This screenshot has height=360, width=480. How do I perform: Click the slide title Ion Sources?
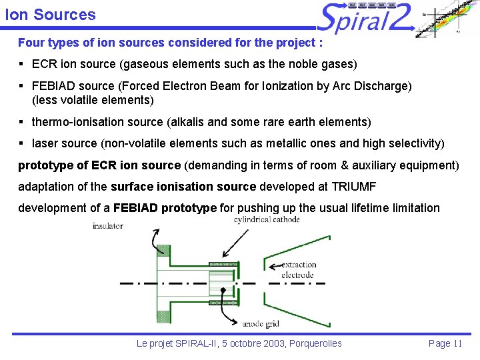(50, 15)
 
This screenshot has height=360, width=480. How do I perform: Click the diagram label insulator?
(107, 226)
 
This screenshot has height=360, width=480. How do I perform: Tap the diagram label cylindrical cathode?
(267, 219)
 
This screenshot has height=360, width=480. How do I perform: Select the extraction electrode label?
(297, 270)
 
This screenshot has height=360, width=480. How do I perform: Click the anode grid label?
(261, 325)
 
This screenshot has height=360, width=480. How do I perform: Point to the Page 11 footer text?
(445, 343)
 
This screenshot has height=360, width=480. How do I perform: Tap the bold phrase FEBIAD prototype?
(165, 208)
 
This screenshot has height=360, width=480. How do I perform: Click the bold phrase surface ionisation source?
(183, 187)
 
